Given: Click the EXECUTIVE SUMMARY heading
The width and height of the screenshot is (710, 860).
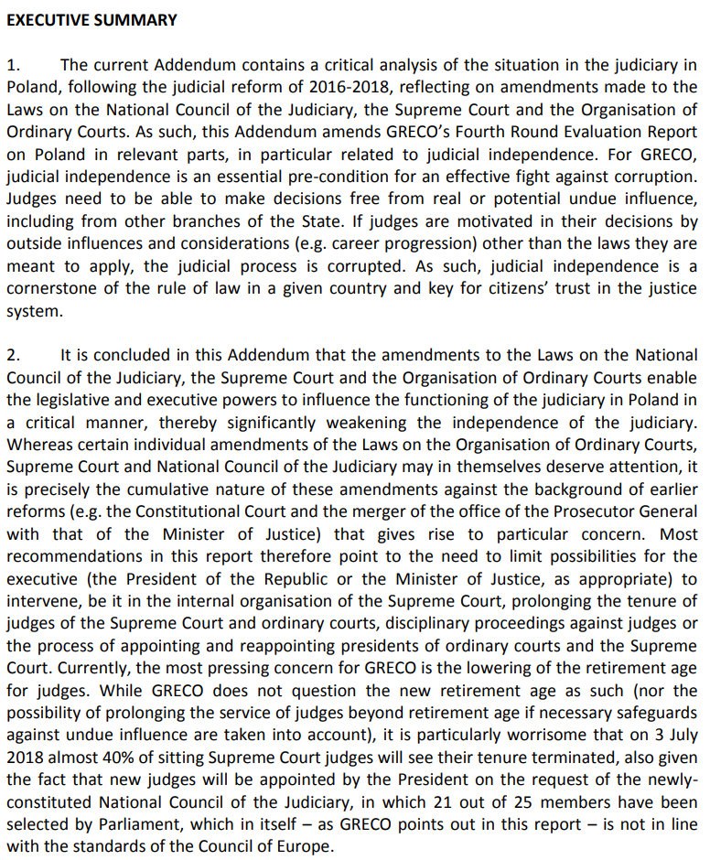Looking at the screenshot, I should (x=91, y=20).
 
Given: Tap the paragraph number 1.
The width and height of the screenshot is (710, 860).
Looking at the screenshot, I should (x=12, y=66).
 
